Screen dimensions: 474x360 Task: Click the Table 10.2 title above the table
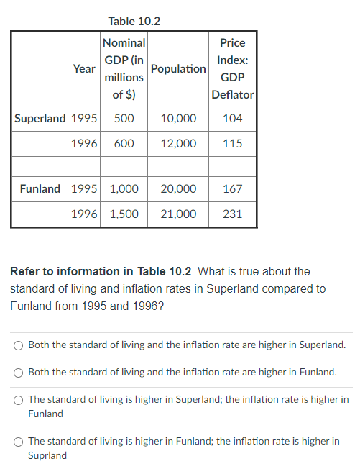pos(134,21)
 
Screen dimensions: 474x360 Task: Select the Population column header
pos(179,68)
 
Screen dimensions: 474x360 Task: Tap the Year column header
pos(85,68)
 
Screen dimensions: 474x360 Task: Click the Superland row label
pos(40,118)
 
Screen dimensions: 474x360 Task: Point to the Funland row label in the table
pos(40,189)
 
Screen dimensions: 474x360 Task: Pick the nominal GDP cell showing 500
pos(124,118)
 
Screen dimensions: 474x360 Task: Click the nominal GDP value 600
pos(124,144)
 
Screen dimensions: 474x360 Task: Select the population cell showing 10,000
pos(178,118)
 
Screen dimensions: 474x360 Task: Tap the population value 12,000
pos(178,144)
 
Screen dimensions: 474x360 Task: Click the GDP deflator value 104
pos(233,118)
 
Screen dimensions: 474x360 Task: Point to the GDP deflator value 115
pos(233,144)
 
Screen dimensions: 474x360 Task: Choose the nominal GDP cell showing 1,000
pos(124,189)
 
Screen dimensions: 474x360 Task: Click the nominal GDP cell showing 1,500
pos(124,214)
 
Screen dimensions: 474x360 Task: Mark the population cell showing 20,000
pos(178,189)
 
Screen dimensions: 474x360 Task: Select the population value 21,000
pos(178,214)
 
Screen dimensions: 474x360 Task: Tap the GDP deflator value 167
pos(233,189)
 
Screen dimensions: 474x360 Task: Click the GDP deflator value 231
pos(233,214)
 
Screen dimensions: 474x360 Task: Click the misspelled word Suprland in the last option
pos(47,455)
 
